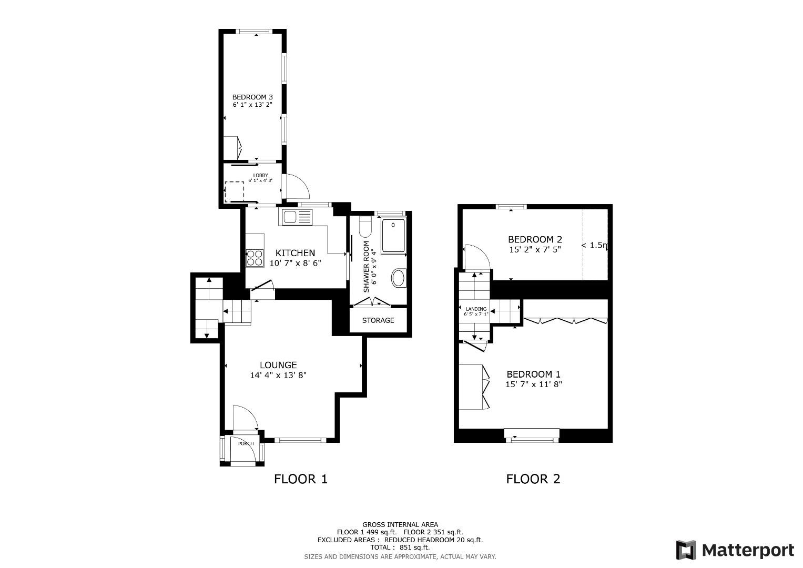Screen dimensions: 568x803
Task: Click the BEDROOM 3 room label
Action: [x=252, y=97]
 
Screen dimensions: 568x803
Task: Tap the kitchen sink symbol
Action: [x=297, y=217]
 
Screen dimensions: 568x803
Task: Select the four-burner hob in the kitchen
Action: [x=255, y=258]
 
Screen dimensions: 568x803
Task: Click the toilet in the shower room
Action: [x=365, y=227]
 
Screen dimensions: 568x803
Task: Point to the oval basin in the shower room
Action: [x=399, y=278]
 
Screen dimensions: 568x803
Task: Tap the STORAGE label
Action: [x=378, y=320]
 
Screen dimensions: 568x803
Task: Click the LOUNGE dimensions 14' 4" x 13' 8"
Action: [x=278, y=375]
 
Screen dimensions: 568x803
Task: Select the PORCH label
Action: [x=246, y=443]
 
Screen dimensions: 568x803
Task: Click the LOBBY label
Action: [x=260, y=175]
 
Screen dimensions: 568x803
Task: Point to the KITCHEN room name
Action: [x=295, y=253]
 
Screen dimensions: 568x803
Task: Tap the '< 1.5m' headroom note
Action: [x=595, y=245]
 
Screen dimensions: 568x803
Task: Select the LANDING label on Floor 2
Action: [x=476, y=309]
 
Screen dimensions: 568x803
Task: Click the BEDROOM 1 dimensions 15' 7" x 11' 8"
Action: [x=534, y=384]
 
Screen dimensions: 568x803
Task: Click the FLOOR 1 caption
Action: [x=301, y=479]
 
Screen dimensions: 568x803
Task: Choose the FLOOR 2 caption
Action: [x=533, y=479]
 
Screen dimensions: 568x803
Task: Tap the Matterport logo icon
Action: [x=686, y=550]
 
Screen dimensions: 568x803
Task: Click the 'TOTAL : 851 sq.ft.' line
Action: [x=400, y=547]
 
